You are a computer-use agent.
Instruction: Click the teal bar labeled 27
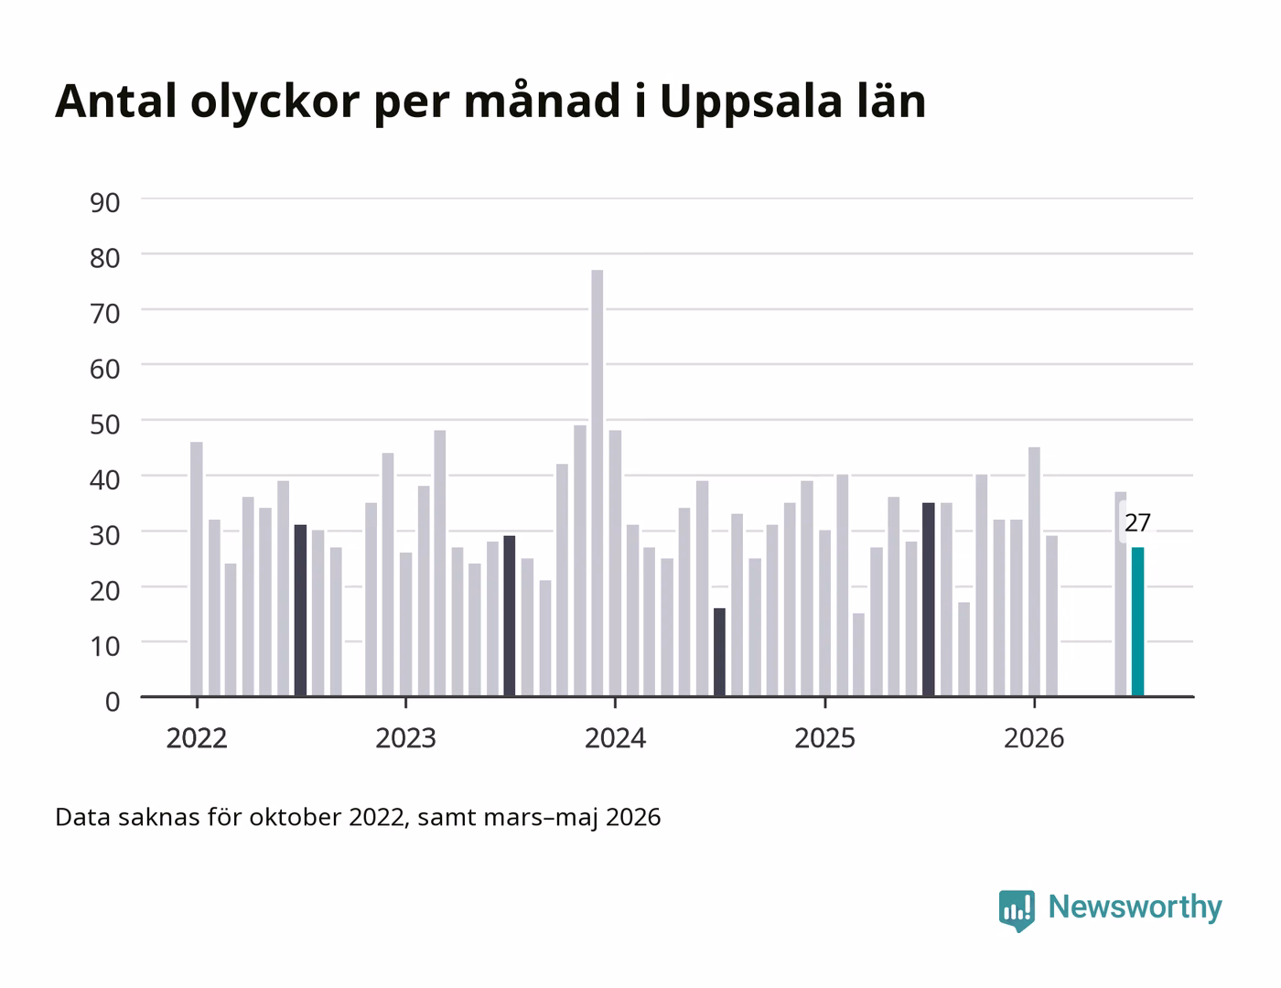1137,621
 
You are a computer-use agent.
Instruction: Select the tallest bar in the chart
597,483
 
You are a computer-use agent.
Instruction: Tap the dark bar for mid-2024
719,652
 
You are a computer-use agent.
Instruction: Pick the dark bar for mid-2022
300,610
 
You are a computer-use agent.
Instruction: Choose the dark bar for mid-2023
510,617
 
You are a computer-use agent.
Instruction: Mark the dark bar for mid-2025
929,600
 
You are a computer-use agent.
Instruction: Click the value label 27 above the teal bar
1137,523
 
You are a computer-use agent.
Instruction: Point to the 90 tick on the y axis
105,203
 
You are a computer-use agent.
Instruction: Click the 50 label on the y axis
105,424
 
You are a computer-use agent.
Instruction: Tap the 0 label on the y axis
113,702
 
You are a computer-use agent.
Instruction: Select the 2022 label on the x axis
197,738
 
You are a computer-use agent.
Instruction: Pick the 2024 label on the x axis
615,738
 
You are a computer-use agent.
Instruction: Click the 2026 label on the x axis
1034,738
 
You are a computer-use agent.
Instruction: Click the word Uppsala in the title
751,102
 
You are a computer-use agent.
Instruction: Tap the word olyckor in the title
274,102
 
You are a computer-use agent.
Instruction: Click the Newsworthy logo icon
1017,909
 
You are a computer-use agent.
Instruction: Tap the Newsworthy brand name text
1135,907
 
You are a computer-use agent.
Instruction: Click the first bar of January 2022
197,569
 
